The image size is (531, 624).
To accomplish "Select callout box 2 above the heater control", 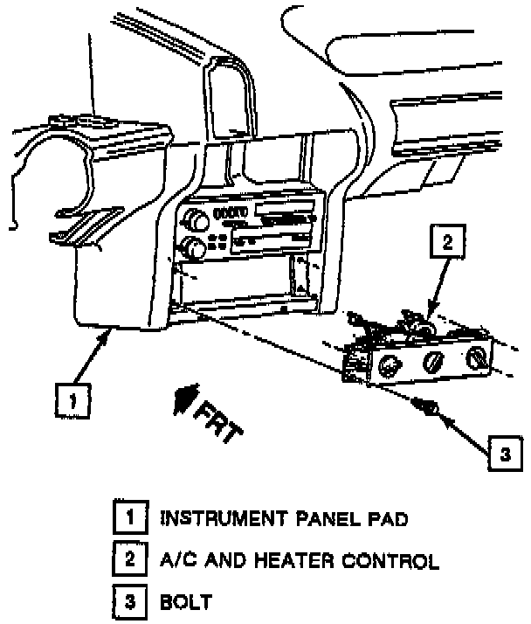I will click(x=447, y=243).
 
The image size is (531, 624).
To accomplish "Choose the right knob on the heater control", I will click(x=478, y=356).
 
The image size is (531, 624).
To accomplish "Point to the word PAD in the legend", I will click(x=386, y=519).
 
